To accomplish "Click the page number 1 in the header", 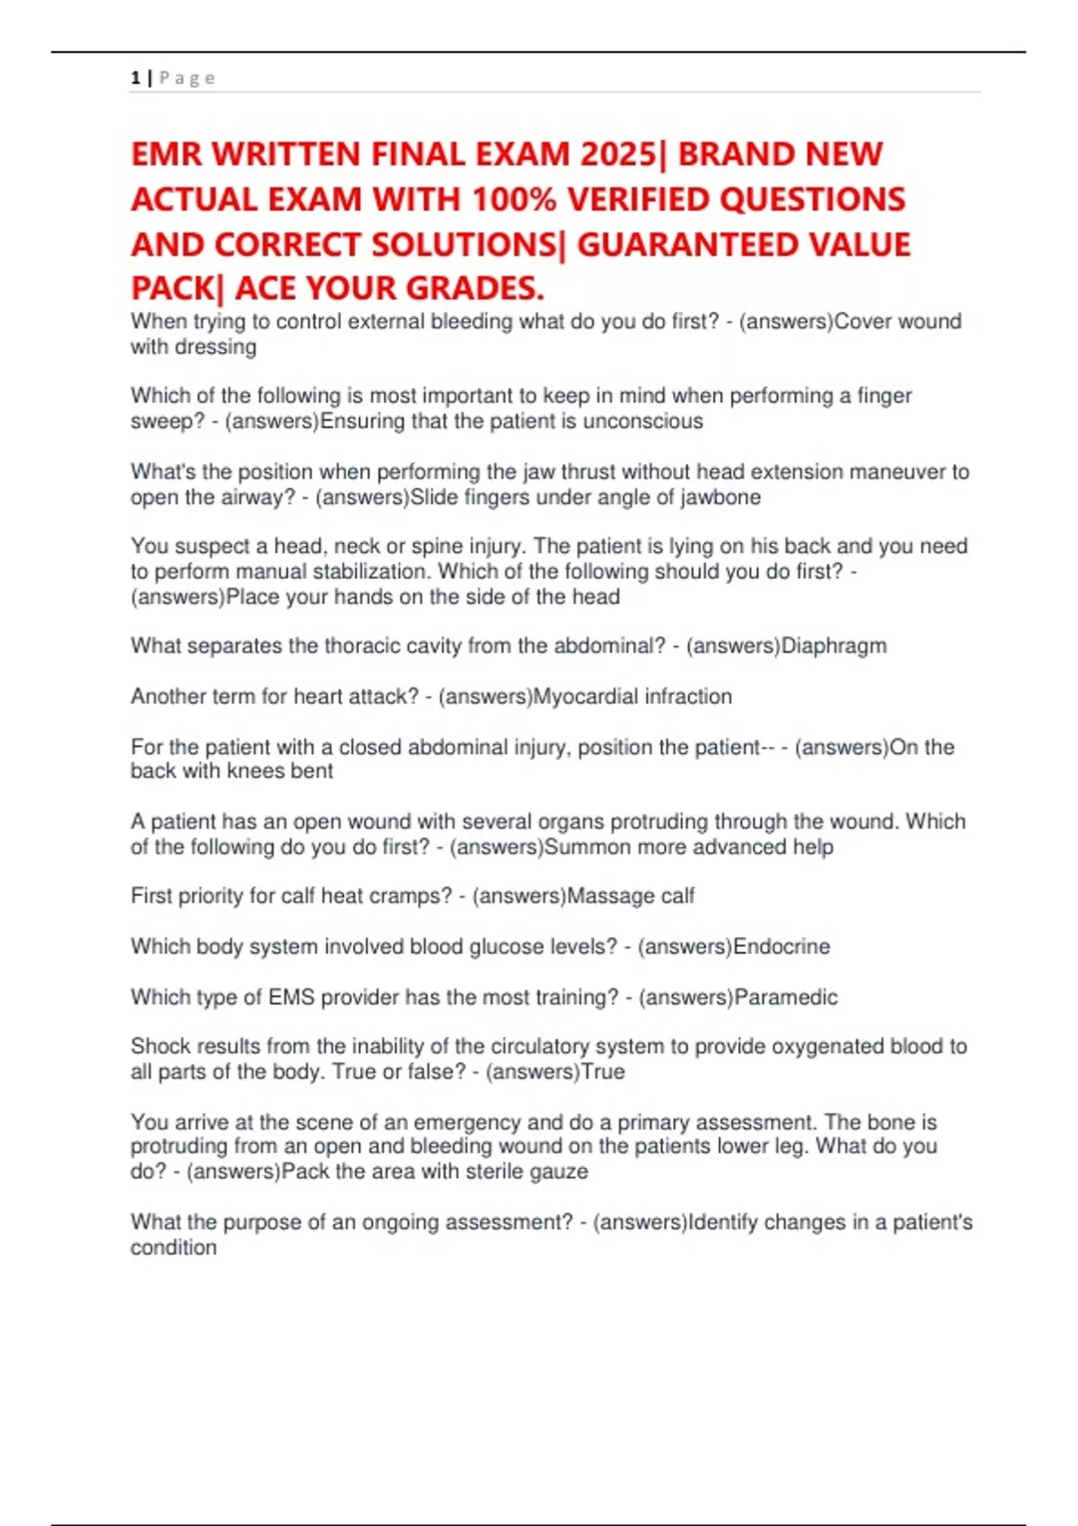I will (136, 78).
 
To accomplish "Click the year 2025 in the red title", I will (619, 154).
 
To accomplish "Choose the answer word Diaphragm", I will (835, 646).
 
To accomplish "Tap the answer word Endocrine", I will (782, 946).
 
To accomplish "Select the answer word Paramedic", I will (786, 997).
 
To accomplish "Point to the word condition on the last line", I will (173, 1248).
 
